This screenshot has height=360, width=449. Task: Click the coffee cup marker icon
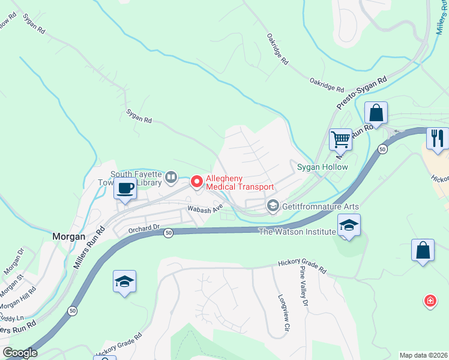[x=125, y=188]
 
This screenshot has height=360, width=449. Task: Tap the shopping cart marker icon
[x=340, y=139]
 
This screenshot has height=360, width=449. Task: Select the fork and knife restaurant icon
[x=438, y=139]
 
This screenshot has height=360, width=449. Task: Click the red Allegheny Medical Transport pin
[x=196, y=181]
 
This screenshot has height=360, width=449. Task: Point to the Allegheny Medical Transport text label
[x=240, y=183]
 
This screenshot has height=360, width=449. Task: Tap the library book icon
[x=171, y=176]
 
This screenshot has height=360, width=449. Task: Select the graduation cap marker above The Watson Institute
[x=349, y=225]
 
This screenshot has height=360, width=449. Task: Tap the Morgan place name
[x=68, y=236]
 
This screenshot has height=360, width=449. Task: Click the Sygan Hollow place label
[x=323, y=167]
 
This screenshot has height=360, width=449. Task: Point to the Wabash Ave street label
[x=204, y=209]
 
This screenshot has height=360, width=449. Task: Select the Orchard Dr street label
[x=144, y=228]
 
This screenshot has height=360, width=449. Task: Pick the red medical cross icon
[x=430, y=301]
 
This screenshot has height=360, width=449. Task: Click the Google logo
[x=19, y=353]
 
